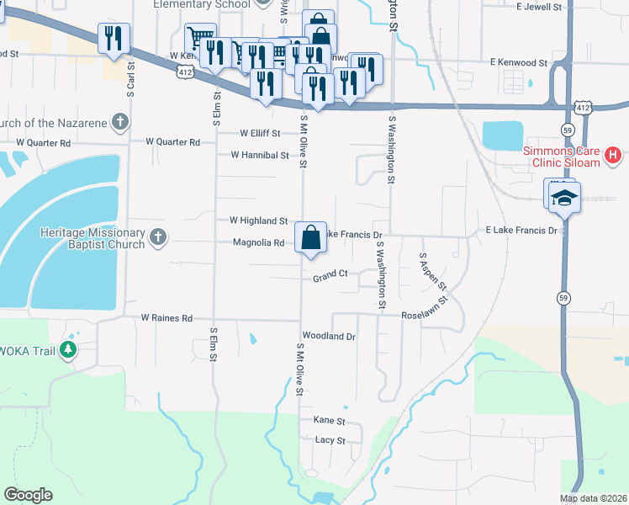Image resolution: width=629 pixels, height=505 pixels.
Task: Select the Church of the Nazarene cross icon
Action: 120,122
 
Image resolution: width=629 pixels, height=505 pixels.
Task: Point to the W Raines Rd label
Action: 166,318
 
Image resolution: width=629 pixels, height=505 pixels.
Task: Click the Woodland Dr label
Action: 330,336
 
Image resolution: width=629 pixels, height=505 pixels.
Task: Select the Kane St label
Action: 329,420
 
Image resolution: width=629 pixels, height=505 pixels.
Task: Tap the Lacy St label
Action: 330,440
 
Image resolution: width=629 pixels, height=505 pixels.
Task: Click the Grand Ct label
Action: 330,275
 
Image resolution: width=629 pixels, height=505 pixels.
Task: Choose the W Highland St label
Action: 259,221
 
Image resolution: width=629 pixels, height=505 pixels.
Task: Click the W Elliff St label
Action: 259,133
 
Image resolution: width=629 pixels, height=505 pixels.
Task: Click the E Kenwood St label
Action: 518,63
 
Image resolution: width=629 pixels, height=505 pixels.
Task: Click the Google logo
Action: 28,495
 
